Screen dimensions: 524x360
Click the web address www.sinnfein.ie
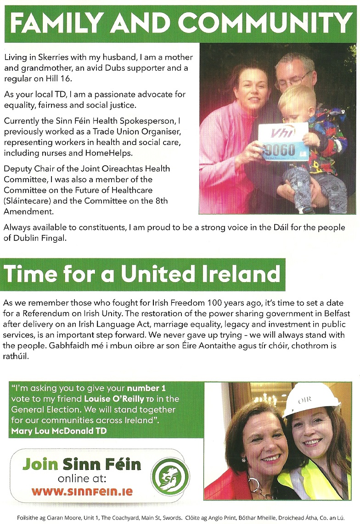click(82, 491)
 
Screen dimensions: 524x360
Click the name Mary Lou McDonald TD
click(58, 430)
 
